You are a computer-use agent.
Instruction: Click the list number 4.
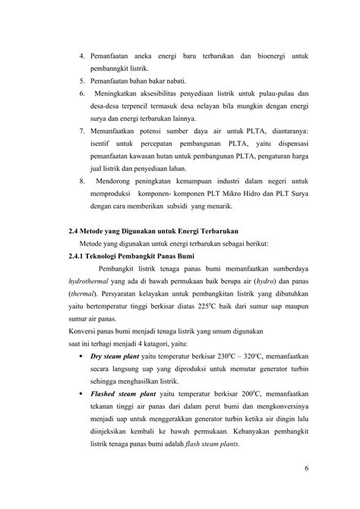click(83, 58)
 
